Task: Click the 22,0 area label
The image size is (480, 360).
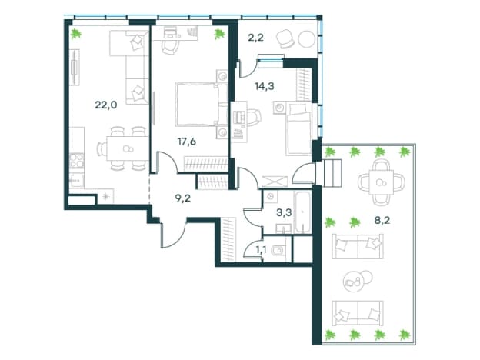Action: (x=106, y=105)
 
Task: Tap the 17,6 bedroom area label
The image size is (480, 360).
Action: (x=187, y=142)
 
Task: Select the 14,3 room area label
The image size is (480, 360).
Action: (x=265, y=86)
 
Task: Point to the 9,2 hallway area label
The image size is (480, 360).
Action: (x=183, y=198)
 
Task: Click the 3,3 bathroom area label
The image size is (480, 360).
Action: (x=284, y=212)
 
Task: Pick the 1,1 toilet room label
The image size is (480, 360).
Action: (x=261, y=251)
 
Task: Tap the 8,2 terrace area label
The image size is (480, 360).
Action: (x=382, y=220)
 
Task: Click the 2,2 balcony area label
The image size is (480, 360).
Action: (x=255, y=38)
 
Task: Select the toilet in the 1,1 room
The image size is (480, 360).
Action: (x=278, y=251)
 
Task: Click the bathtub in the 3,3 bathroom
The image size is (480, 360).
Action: (x=302, y=212)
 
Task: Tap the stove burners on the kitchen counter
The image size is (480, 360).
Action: (x=76, y=161)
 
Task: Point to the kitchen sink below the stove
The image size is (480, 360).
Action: (x=76, y=181)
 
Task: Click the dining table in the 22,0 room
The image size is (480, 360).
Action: (x=127, y=148)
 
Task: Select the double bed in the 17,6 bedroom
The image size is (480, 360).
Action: (x=202, y=105)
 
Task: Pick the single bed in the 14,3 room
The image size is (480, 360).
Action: (x=298, y=129)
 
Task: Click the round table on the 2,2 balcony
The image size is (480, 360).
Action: (x=306, y=39)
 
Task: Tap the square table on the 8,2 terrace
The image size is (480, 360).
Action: (x=381, y=182)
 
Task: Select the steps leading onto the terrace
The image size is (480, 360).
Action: (x=328, y=172)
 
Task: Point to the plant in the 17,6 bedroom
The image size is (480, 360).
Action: (x=219, y=34)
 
